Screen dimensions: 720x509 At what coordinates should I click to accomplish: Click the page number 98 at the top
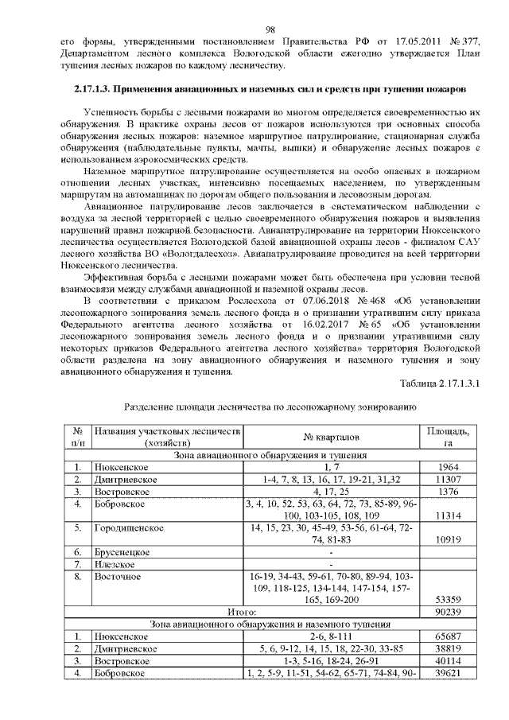pos(270,29)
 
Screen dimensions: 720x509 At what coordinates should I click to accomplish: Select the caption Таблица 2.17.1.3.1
pos(446,384)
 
